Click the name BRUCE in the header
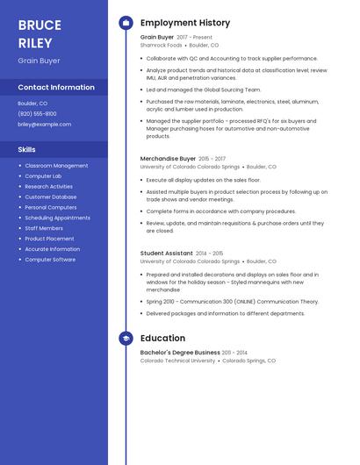click(x=40, y=25)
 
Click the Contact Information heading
click(x=56, y=88)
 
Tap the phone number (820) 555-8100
click(x=37, y=114)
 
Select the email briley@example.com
click(x=44, y=125)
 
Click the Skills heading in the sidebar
click(x=26, y=150)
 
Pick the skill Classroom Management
click(x=56, y=166)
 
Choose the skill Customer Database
click(x=51, y=197)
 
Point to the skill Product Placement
click(x=49, y=239)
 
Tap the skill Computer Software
click(x=50, y=260)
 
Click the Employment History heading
click(x=185, y=23)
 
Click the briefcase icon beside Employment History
click(x=126, y=23)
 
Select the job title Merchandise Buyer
click(x=168, y=159)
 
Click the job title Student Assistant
click(x=166, y=254)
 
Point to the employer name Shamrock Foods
click(x=162, y=45)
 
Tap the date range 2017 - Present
click(x=194, y=38)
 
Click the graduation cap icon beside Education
click(x=126, y=338)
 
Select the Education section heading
click(x=162, y=338)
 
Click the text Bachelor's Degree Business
click(x=180, y=353)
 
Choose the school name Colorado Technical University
click(x=177, y=361)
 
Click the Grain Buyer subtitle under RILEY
click(x=39, y=61)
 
